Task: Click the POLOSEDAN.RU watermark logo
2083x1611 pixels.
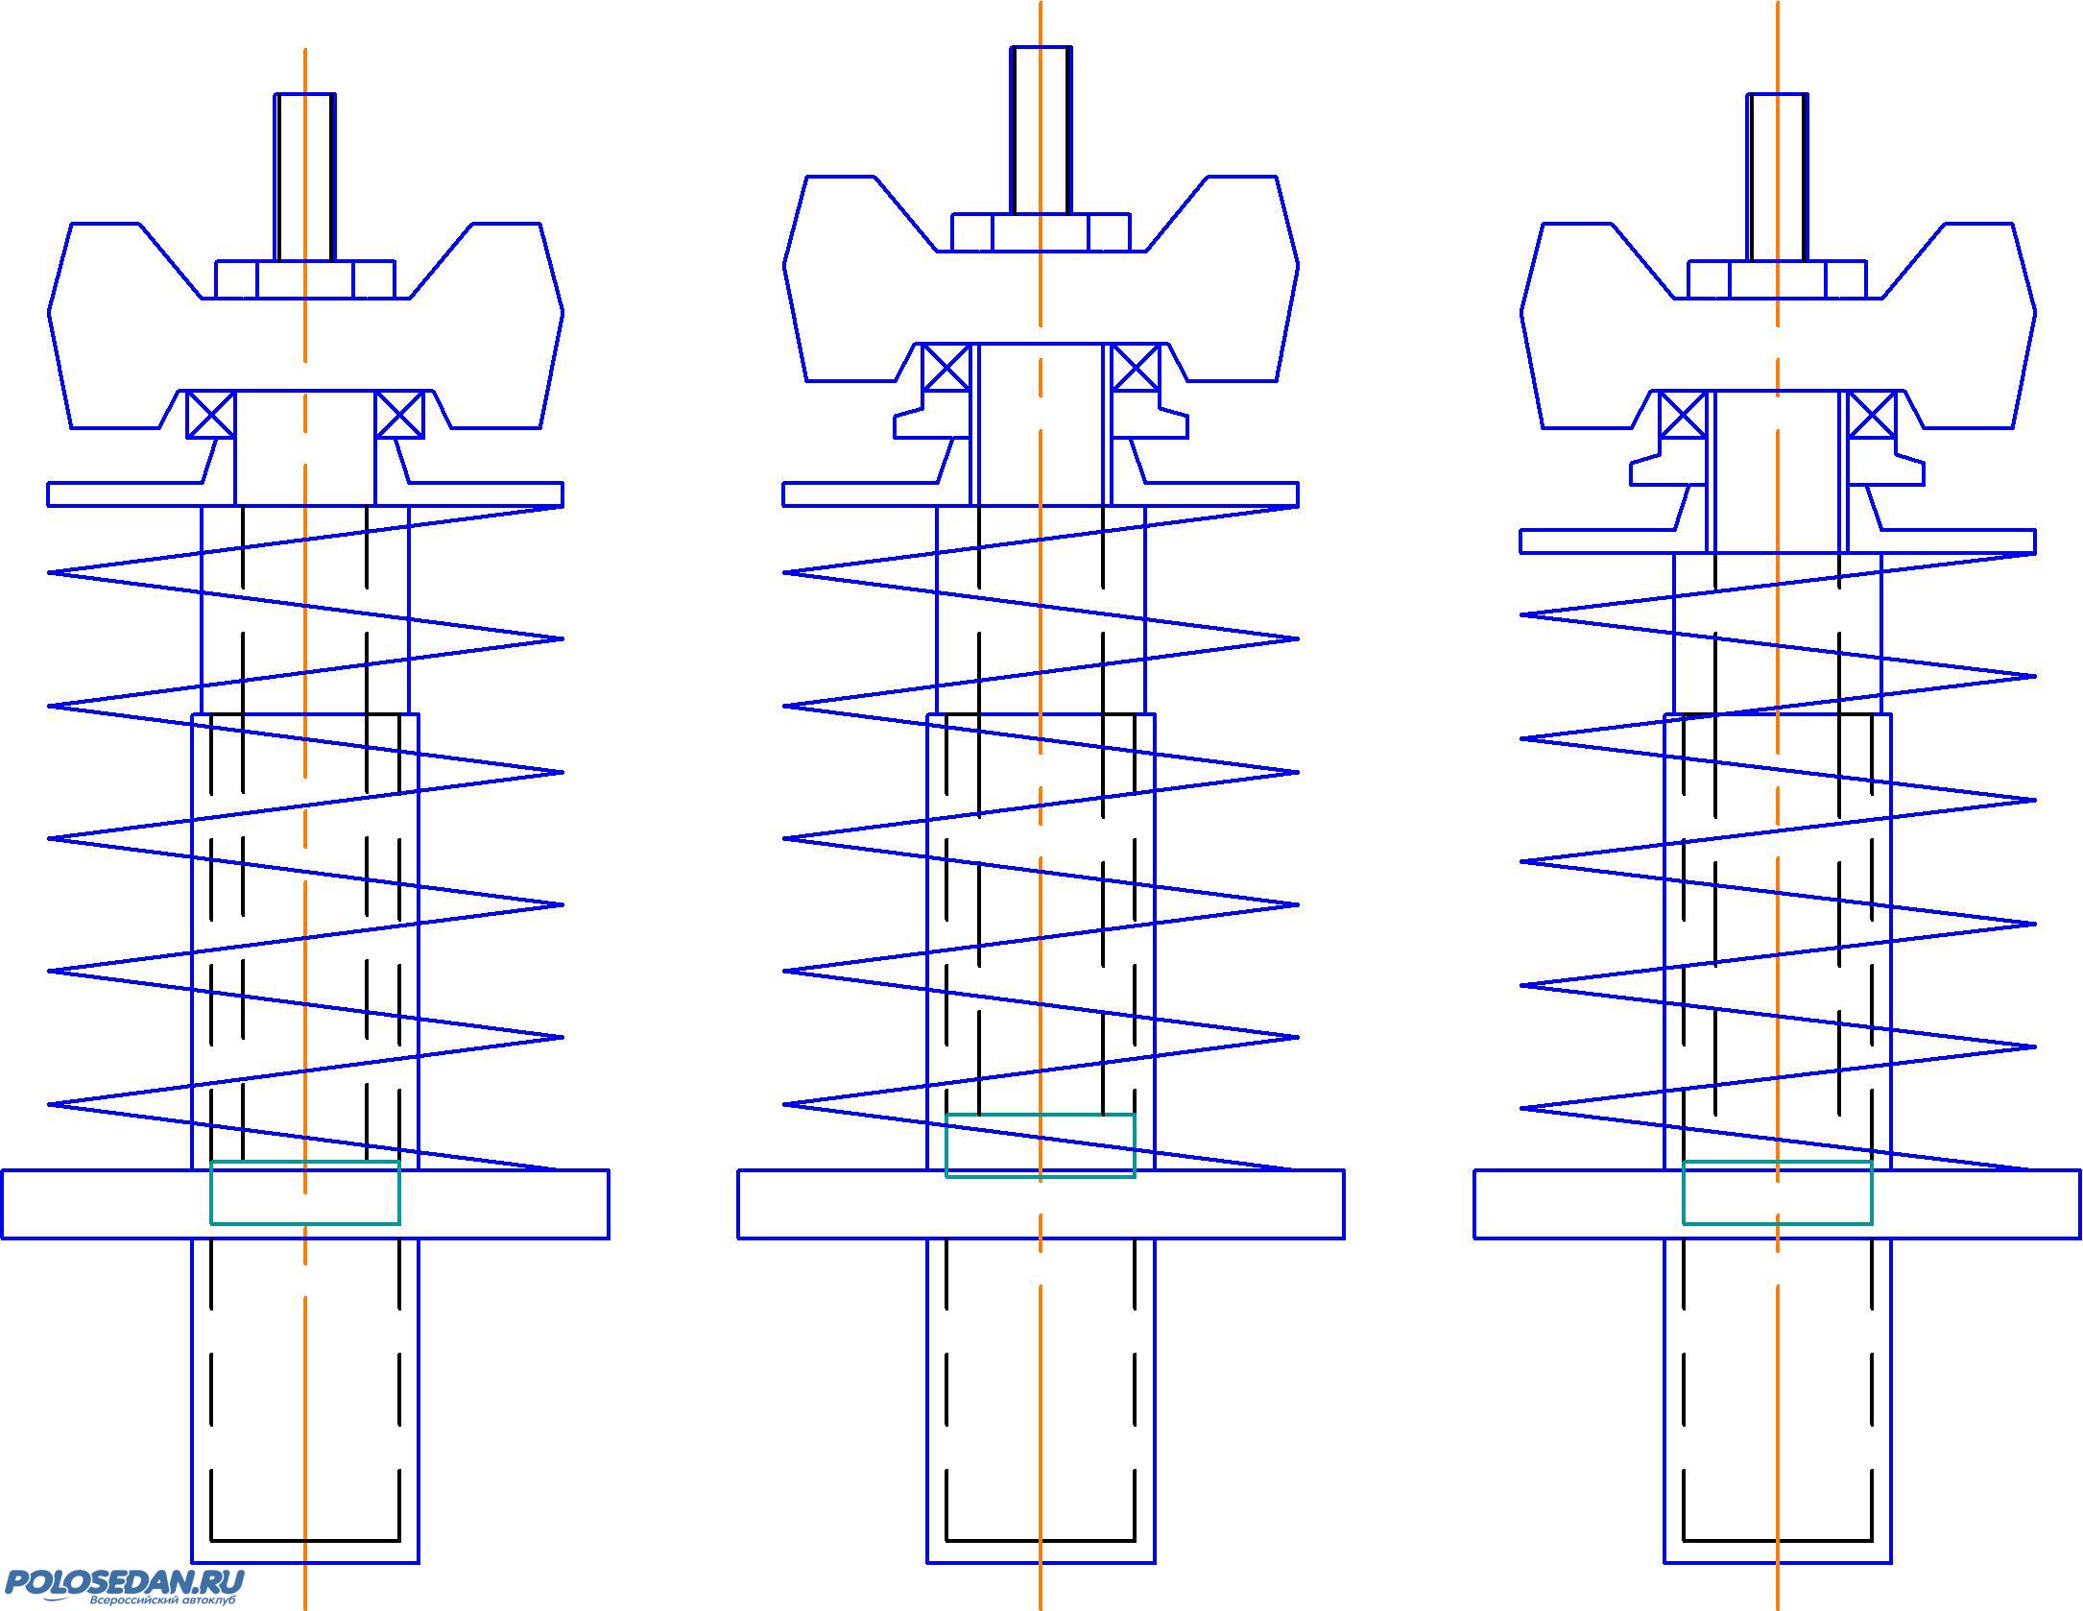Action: [x=125, y=1586]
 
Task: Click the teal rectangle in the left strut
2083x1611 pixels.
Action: [x=305, y=1192]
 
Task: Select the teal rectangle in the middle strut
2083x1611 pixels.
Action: [x=1041, y=1145]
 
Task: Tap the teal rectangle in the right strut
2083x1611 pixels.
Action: [x=1778, y=1192]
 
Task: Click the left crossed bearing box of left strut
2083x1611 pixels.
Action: [x=210, y=415]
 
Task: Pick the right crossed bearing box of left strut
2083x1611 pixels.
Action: [x=399, y=415]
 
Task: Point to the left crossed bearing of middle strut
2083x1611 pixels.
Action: [x=946, y=367]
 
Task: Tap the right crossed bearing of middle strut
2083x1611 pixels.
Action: [x=1135, y=367]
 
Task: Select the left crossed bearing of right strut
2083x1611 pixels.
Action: [x=1683, y=415]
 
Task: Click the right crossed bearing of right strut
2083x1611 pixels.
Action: [x=1872, y=415]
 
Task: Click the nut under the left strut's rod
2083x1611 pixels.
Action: [x=305, y=279]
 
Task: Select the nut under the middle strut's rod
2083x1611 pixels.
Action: [x=1041, y=232]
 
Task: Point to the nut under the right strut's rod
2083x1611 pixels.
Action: [x=1778, y=279]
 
